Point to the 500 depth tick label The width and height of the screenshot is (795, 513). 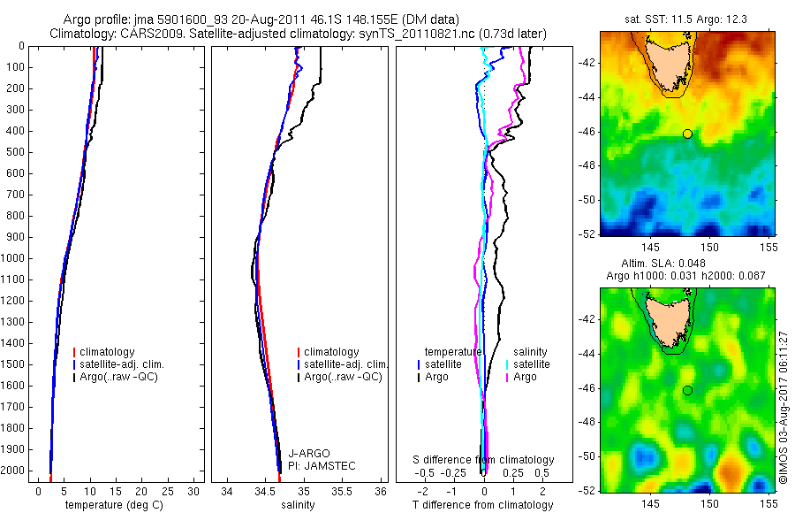(13, 152)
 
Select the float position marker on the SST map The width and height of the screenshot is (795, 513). (687, 134)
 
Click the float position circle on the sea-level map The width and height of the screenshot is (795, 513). (687, 390)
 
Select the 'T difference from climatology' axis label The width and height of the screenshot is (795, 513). (482, 505)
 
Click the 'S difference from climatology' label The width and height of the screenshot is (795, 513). (483, 460)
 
